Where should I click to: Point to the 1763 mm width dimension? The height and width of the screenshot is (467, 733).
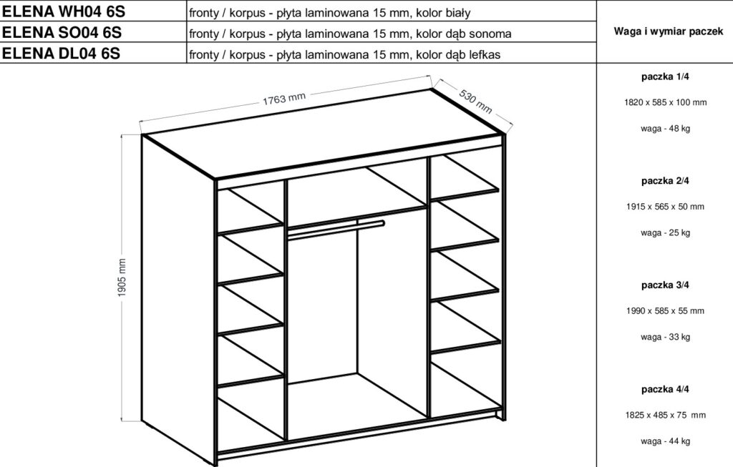284,99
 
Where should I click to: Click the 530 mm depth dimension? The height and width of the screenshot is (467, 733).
475,101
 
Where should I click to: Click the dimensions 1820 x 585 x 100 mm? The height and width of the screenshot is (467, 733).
665,102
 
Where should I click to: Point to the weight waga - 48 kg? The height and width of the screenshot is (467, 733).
665,129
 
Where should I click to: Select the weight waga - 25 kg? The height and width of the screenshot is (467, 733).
665,233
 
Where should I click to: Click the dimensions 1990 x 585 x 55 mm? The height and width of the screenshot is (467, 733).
665,311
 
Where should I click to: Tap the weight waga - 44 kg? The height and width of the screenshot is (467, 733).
665,441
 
